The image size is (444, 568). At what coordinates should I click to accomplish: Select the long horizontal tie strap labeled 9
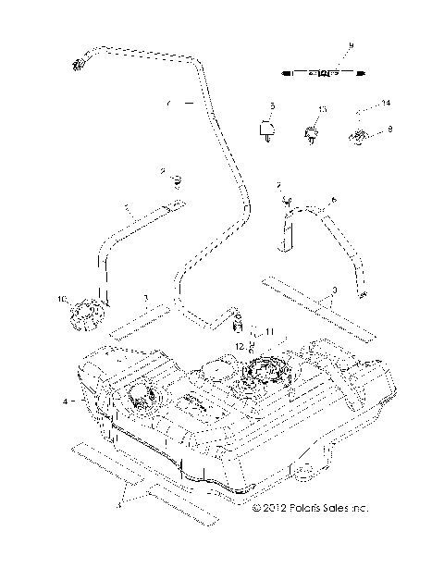click(319, 70)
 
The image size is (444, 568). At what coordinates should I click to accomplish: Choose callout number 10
click(63, 300)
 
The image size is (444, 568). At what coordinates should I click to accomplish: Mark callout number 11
click(269, 330)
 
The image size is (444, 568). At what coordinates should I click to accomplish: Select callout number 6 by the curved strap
click(334, 198)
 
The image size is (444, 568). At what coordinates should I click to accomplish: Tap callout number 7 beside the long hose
click(169, 105)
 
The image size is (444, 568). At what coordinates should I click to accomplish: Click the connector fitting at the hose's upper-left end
click(76, 64)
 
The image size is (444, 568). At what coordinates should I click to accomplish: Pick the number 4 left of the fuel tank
click(65, 401)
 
